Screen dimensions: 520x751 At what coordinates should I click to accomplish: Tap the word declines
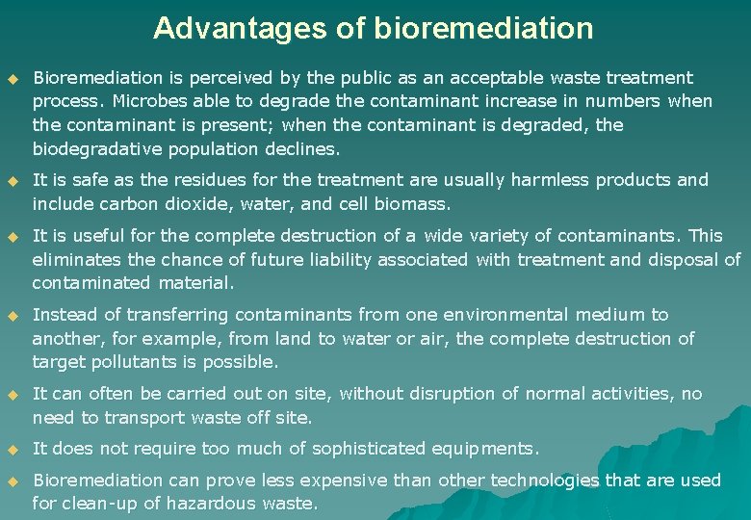point(307,149)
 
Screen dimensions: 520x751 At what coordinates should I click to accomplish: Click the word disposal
point(681,259)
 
